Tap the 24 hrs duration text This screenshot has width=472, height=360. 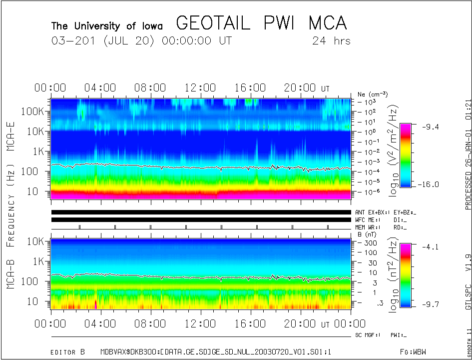point(331,41)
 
